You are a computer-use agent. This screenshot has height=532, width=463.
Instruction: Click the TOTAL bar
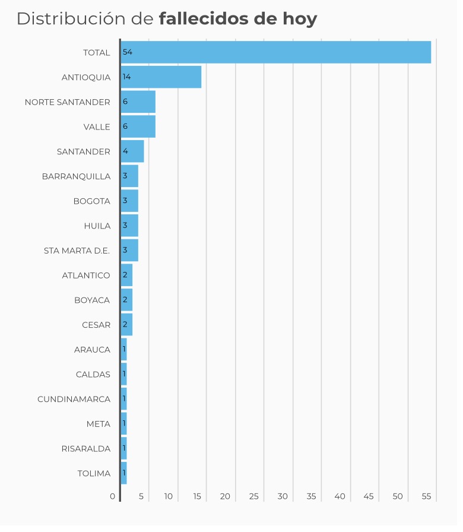(276, 52)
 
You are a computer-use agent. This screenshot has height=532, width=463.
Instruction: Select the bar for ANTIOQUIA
(161, 77)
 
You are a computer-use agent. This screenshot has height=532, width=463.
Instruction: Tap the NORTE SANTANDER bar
(138, 102)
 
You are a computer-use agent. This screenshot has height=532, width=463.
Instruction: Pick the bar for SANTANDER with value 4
(132, 151)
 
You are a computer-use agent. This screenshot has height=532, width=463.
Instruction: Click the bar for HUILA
(130, 226)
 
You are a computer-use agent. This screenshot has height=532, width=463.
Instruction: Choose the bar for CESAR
(127, 325)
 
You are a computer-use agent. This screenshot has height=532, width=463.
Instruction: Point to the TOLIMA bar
(124, 473)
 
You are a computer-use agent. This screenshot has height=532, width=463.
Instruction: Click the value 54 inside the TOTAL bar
(127, 52)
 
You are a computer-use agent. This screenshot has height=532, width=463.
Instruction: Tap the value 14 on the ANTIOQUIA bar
(126, 77)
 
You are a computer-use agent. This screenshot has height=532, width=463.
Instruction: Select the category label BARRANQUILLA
(76, 176)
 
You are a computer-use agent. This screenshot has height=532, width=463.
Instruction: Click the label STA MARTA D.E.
(77, 251)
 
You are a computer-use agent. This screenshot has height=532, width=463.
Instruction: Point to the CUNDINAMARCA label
(74, 399)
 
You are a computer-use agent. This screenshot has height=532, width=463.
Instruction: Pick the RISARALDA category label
(85, 448)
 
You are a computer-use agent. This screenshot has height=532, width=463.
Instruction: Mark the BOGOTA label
(91, 201)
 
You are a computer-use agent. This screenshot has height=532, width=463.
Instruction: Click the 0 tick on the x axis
(113, 496)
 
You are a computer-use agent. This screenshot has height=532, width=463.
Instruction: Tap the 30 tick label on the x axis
(283, 496)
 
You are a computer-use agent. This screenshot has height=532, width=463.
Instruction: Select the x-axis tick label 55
(426, 496)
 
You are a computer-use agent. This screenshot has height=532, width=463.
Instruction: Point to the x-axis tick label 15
(196, 496)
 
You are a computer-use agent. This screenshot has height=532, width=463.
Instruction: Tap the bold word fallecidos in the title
(204, 19)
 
